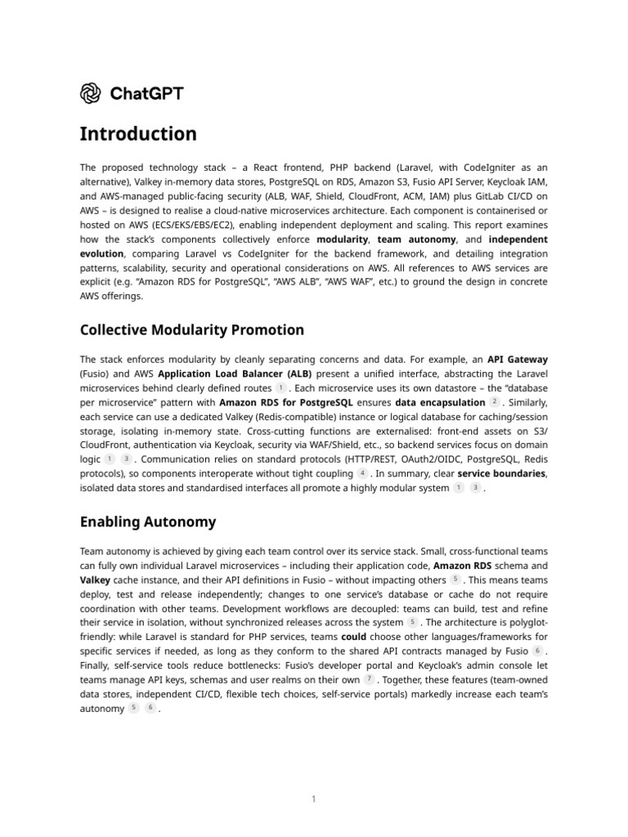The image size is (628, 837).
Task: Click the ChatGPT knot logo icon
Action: [90, 93]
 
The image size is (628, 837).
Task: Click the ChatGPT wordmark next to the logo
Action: [145, 93]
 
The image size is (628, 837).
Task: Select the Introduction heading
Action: [138, 134]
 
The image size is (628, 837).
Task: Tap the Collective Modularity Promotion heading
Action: [191, 330]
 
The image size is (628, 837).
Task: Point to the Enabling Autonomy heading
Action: [148, 521]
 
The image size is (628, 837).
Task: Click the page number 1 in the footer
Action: [313, 799]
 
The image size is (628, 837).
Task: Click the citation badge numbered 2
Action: [494, 403]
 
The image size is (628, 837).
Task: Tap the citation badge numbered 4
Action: [362, 472]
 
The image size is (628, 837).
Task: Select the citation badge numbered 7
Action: [370, 679]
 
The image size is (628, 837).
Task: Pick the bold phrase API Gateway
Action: [518, 359]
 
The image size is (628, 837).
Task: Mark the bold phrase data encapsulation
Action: [440, 403]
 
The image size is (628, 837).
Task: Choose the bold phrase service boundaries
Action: [501, 473]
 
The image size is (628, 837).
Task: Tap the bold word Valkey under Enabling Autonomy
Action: [96, 580]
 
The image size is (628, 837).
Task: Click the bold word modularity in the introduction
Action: [343, 239]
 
